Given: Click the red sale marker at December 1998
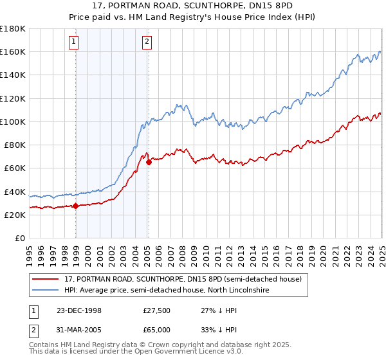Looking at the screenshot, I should [x=76, y=206].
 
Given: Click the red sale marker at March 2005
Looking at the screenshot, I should [x=149, y=163].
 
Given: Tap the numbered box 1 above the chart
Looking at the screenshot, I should [x=74, y=42].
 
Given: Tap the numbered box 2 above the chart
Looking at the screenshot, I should [x=147, y=42].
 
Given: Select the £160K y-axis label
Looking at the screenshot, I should [x=13, y=51].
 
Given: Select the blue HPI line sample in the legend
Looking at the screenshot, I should [x=45, y=291].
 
